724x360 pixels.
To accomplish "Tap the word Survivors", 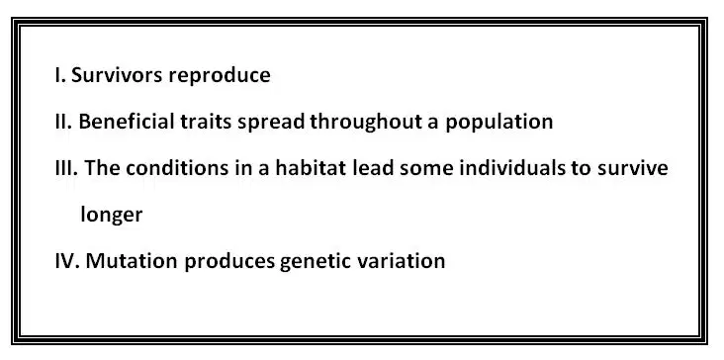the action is pyautogui.click(x=118, y=75).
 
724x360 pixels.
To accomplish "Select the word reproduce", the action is pyautogui.click(x=220, y=76).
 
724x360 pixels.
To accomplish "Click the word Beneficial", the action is pyautogui.click(x=127, y=122).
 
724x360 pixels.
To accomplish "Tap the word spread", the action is pyautogui.click(x=271, y=123).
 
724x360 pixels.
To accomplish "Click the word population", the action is pyautogui.click(x=499, y=123).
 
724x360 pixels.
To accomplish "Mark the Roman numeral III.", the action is pyautogui.click(x=67, y=168).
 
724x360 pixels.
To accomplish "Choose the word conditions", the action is pyautogui.click(x=177, y=168).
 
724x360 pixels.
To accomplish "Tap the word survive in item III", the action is pyautogui.click(x=633, y=168).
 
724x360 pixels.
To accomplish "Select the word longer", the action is pyautogui.click(x=112, y=216).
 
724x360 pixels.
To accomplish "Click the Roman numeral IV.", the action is pyautogui.click(x=68, y=261).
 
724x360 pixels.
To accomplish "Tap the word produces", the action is pyautogui.click(x=229, y=262).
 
